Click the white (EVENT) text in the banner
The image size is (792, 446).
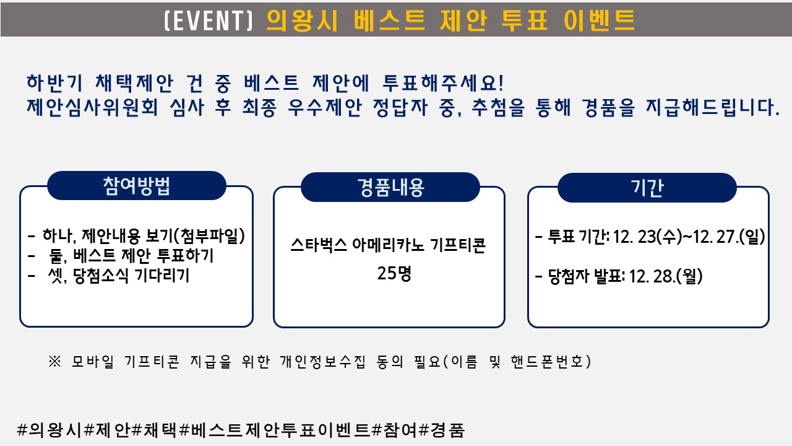209,20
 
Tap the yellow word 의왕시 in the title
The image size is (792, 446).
303,20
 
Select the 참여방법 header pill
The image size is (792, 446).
137,185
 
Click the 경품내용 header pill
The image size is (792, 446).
390,187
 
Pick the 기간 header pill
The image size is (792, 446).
647,188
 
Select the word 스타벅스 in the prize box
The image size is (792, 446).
319,245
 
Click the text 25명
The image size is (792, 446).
394,273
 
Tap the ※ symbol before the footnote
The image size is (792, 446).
55,361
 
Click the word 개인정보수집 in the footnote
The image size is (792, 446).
322,361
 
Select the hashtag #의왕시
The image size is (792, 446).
50,430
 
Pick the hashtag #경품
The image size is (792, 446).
442,430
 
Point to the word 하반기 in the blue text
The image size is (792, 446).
54,82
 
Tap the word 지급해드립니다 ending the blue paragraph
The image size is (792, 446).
712,107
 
